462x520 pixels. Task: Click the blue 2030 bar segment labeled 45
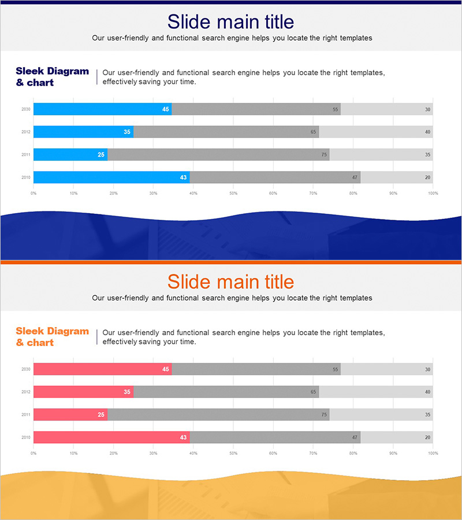pos(102,109)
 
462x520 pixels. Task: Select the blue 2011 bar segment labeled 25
pos(70,155)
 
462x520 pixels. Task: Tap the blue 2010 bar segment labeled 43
pos(111,177)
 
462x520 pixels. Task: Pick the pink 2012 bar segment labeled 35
pos(83,392)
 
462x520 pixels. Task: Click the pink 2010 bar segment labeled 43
pos(111,437)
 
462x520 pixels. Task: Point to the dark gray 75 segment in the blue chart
pos(218,155)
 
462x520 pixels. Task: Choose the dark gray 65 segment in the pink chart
pos(226,392)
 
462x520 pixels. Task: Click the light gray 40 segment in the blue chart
pos(376,132)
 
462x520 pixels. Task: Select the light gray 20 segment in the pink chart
pos(397,437)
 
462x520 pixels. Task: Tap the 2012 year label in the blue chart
pos(26,132)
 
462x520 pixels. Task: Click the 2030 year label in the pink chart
pos(26,369)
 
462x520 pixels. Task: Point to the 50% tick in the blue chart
pos(233,193)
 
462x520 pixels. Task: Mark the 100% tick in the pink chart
pos(433,454)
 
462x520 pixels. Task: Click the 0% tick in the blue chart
pos(33,193)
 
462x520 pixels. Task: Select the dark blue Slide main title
pos(230,22)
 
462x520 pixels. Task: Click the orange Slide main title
pos(230,282)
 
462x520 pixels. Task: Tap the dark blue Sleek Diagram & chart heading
pos(52,77)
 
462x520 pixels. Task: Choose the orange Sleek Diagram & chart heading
pos(52,337)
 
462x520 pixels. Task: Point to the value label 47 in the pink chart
pos(355,437)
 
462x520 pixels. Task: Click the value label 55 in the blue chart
pos(335,109)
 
